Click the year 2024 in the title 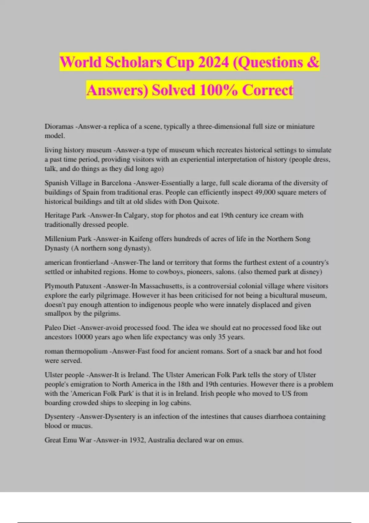[x=213, y=62]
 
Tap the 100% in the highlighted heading [x=218, y=90]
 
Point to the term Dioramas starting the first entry [x=59, y=126]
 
